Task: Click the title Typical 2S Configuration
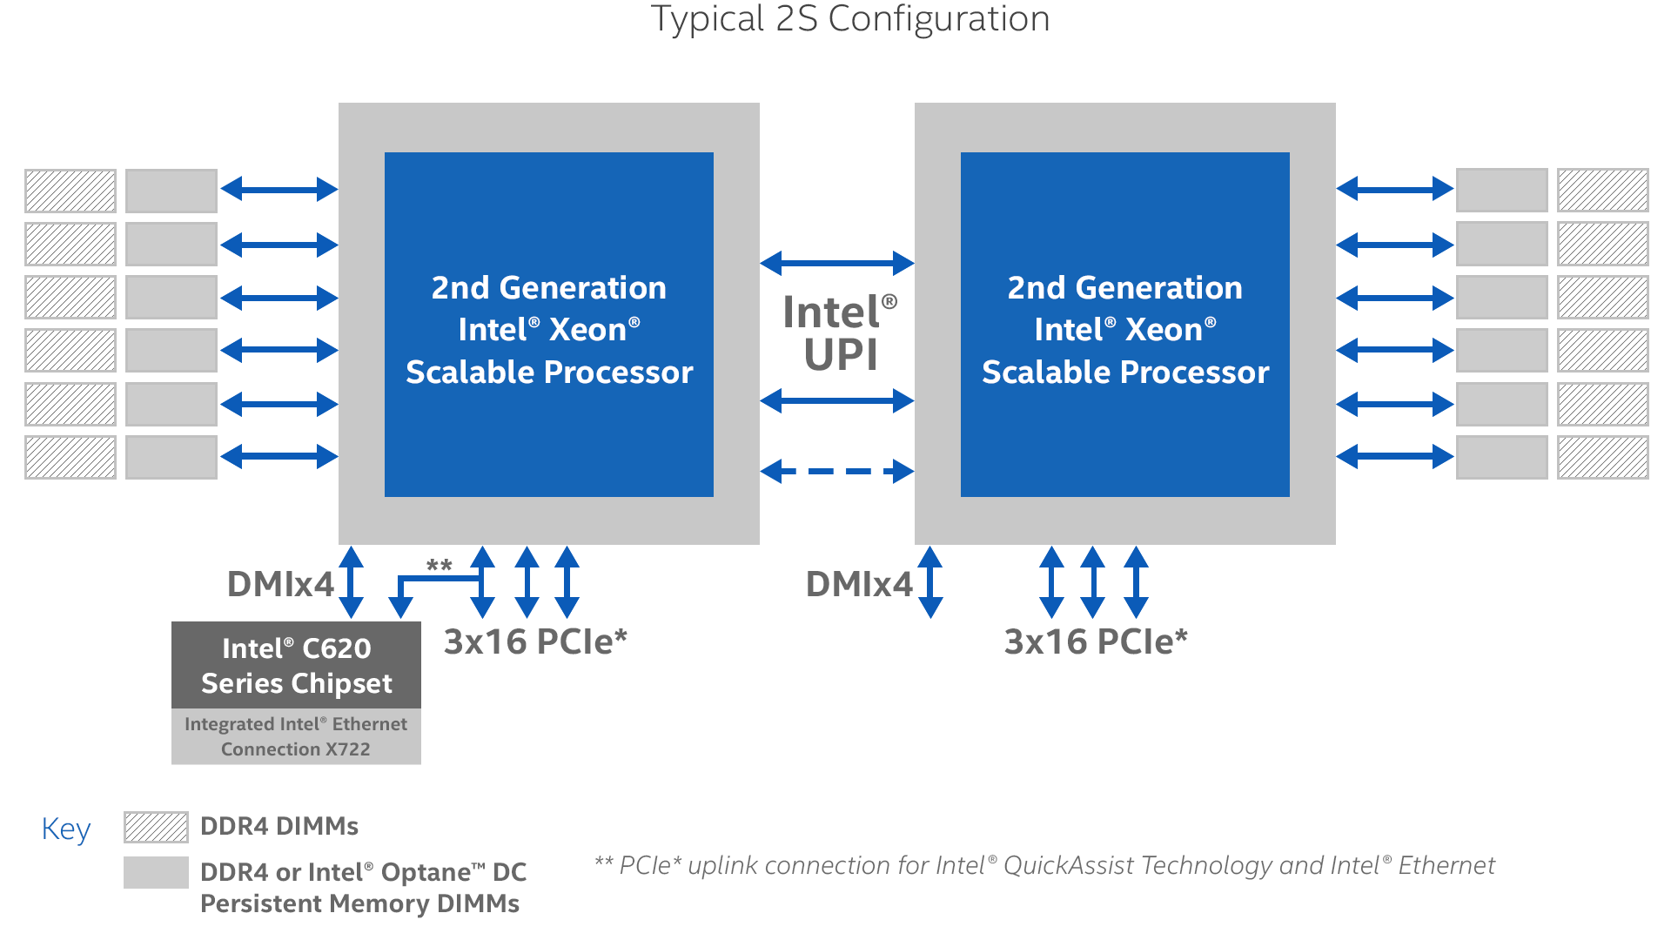(x=850, y=19)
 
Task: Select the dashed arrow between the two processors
(x=836, y=472)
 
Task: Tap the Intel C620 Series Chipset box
(x=296, y=665)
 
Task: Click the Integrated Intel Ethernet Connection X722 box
(x=296, y=736)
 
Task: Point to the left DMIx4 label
(x=280, y=584)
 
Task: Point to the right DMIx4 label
(x=858, y=584)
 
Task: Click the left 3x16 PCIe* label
(x=535, y=641)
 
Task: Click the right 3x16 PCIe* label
(x=1096, y=641)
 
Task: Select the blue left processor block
(x=549, y=325)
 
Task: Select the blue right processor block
(x=1125, y=325)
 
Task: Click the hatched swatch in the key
(x=156, y=827)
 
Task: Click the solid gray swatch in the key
(x=156, y=872)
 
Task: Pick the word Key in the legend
(x=66, y=829)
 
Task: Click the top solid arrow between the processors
(x=836, y=263)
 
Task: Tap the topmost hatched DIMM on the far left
(x=70, y=191)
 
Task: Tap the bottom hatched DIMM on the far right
(x=1602, y=457)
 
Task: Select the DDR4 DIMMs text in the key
(x=279, y=826)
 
